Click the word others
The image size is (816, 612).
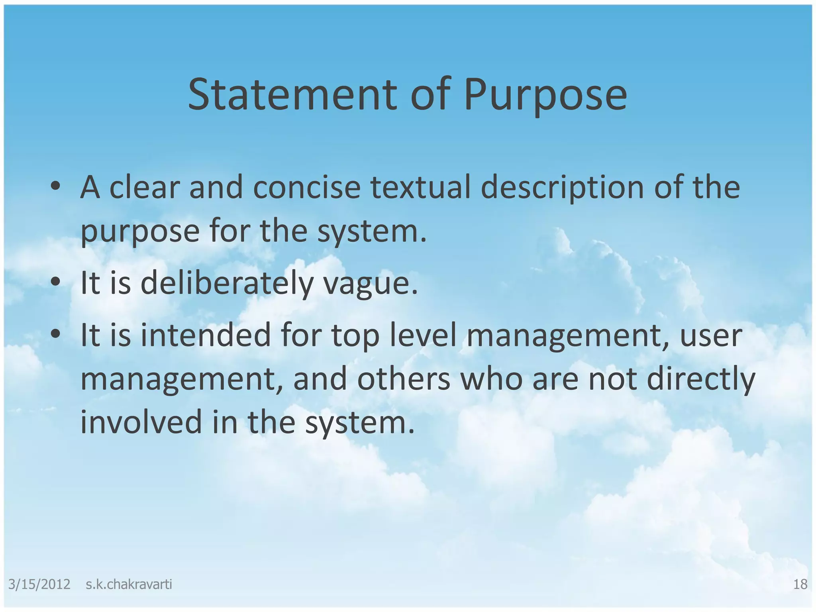pyautogui.click(x=403, y=379)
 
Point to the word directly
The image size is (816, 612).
pyautogui.click(x=701, y=380)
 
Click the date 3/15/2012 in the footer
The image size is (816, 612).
pyautogui.click(x=39, y=585)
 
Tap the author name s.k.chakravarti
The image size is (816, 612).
pyautogui.click(x=129, y=585)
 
